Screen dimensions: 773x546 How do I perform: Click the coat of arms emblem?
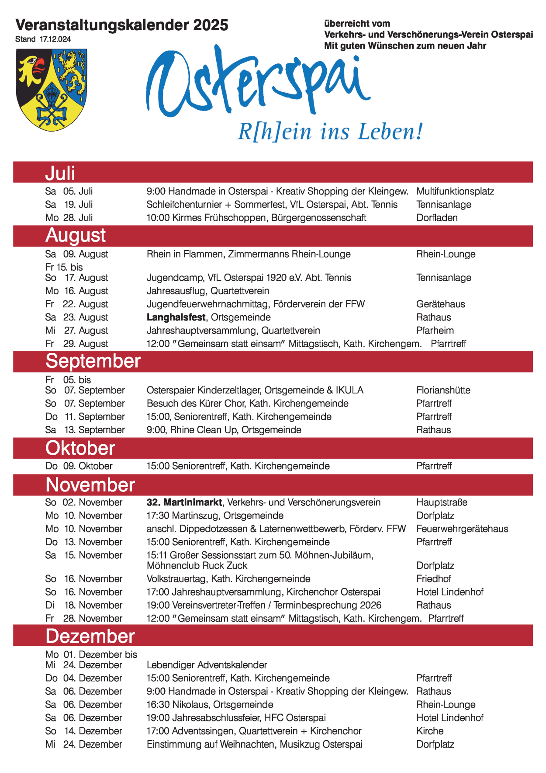click(52, 89)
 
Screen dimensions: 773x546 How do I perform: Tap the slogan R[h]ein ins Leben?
click(330, 132)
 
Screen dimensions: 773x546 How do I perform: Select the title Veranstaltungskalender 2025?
click(121, 25)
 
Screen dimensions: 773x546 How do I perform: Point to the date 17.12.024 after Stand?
click(55, 39)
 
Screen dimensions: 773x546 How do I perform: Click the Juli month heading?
click(60, 173)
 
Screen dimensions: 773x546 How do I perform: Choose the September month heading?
click(93, 362)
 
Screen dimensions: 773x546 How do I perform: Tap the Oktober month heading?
click(80, 449)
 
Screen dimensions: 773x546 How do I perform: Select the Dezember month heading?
click(90, 636)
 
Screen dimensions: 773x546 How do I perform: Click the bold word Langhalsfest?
click(176, 317)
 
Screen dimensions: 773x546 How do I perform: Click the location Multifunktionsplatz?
click(455, 192)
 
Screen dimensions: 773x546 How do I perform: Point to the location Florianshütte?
click(443, 390)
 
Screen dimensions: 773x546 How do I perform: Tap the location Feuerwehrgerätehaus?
click(462, 529)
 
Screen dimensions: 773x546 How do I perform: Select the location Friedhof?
click(434, 579)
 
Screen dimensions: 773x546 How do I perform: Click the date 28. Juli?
click(78, 218)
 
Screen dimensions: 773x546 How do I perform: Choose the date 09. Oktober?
click(88, 466)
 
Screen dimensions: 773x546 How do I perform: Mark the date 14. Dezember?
click(93, 731)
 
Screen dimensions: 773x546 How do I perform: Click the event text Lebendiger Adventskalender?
click(207, 665)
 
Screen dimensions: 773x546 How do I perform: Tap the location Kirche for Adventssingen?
click(430, 731)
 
